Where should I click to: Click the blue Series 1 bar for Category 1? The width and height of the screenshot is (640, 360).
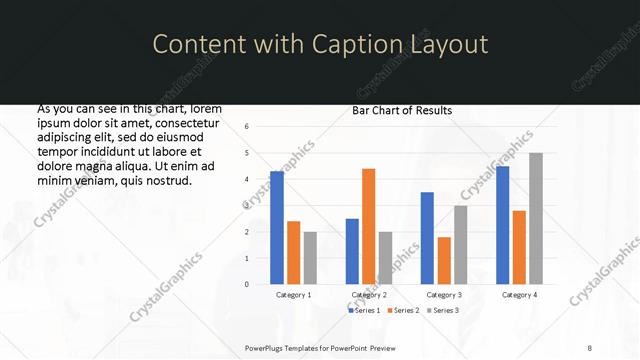[x=277, y=228]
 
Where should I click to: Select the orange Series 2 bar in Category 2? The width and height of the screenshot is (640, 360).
[x=368, y=226]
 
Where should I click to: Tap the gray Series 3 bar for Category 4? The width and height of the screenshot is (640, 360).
[x=536, y=218]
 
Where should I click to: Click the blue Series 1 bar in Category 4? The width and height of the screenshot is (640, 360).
[x=503, y=225]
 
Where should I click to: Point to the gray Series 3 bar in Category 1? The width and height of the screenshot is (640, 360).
[x=310, y=258]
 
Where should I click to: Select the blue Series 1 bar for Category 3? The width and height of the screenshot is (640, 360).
[x=427, y=238]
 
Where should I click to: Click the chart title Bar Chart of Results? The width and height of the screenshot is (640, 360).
[x=402, y=111]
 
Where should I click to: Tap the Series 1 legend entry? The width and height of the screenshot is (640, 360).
[x=364, y=311]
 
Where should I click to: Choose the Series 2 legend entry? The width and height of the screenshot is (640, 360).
[x=402, y=311]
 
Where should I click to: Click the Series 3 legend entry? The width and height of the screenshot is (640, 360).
[x=442, y=311]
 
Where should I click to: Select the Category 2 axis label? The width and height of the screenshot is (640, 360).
[x=369, y=295]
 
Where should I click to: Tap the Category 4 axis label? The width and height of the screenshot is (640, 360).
[x=519, y=295]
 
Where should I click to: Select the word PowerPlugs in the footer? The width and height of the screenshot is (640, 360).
[x=267, y=347]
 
